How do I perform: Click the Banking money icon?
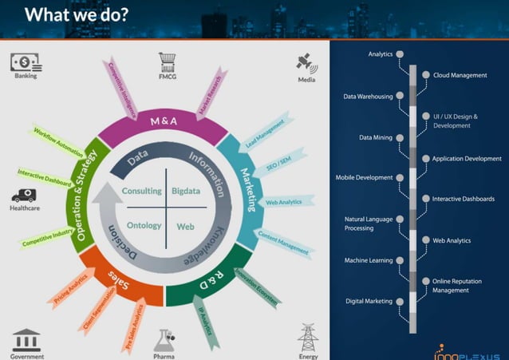click(x=25, y=62)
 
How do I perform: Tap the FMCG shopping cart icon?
click(x=168, y=61)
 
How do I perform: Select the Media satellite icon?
click(x=305, y=62)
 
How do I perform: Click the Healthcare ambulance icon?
click(x=23, y=196)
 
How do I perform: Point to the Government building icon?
click(x=26, y=338)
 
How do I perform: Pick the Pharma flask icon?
click(x=164, y=340)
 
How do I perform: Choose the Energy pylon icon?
click(x=307, y=336)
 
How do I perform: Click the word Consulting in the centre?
click(x=141, y=192)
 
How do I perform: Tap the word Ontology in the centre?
click(x=144, y=226)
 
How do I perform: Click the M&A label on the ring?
click(x=164, y=122)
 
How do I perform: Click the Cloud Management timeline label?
click(x=459, y=75)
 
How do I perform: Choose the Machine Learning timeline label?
click(x=368, y=260)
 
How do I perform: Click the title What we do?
click(x=77, y=14)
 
